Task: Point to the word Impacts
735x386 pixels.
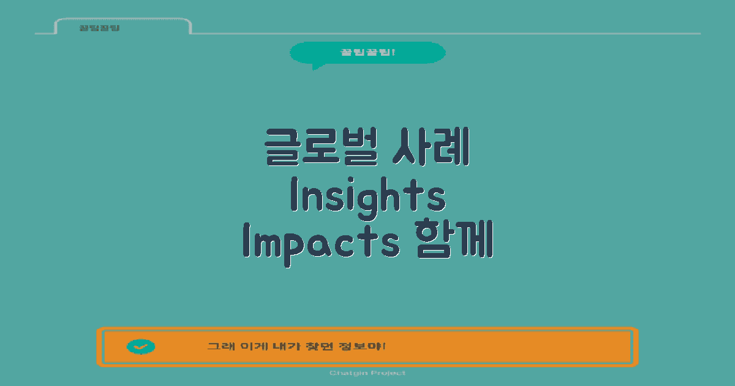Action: coord(320,241)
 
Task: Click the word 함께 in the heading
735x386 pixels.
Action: coord(454,241)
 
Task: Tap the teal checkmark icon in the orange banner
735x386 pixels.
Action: coord(141,347)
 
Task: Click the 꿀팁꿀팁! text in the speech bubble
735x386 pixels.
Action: coord(367,52)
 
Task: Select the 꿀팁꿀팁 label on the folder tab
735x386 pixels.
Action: coord(99,28)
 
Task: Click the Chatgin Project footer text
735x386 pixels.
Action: coord(367,373)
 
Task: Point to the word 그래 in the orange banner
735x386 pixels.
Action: coord(217,347)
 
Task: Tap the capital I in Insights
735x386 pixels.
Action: coord(293,195)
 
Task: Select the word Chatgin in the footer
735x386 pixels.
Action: coord(347,373)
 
